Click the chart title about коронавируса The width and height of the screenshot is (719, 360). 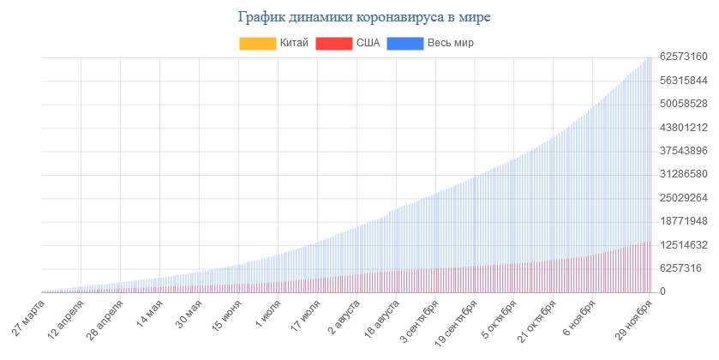click(x=359, y=16)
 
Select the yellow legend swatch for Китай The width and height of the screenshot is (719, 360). click(x=257, y=43)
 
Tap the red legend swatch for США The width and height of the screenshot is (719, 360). click(x=333, y=43)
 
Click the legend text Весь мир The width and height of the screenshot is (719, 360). click(x=451, y=43)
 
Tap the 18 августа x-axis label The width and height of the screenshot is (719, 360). click(x=382, y=321)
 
